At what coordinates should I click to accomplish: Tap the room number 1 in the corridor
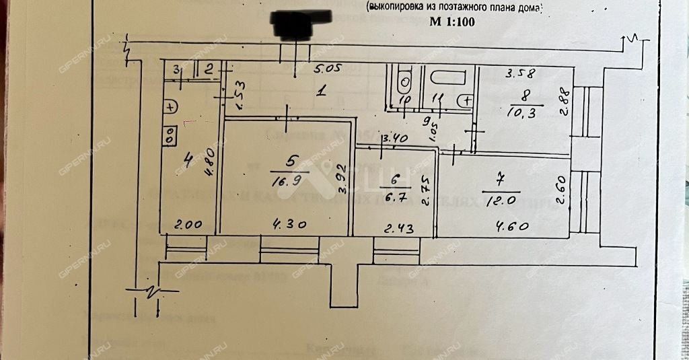322,92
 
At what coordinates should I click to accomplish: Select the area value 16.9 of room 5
291,180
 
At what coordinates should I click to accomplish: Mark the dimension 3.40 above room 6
395,140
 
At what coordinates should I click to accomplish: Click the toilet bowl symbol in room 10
405,83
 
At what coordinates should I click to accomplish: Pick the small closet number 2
209,68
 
